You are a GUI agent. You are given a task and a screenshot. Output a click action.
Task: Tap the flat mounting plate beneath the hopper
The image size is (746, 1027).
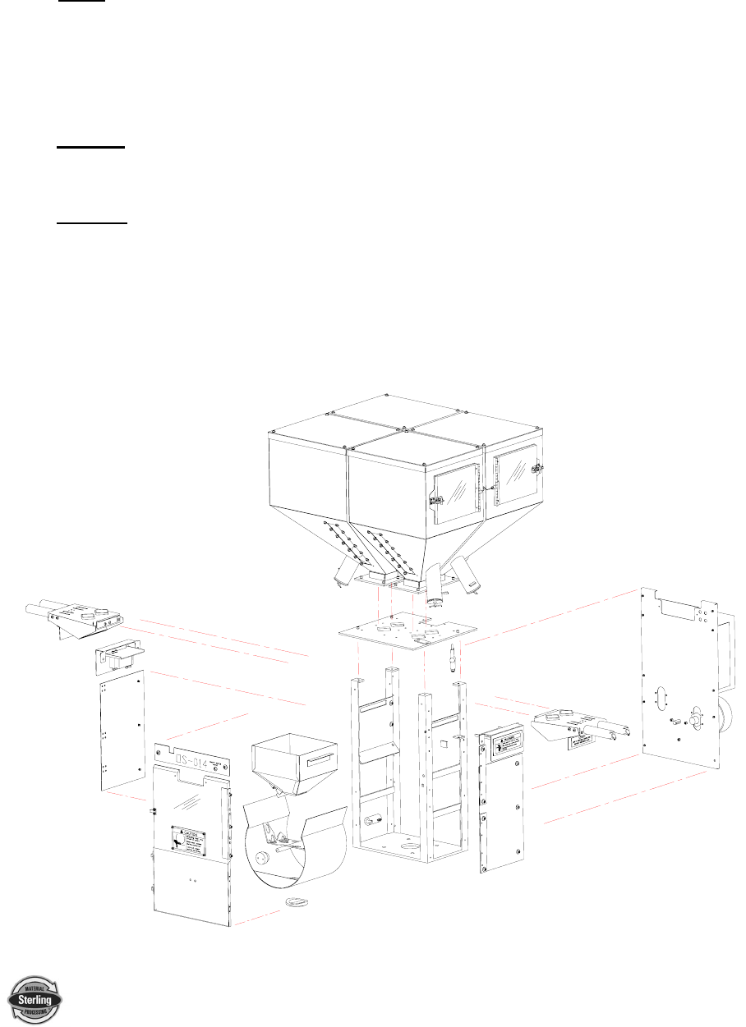pyautogui.click(x=409, y=630)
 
